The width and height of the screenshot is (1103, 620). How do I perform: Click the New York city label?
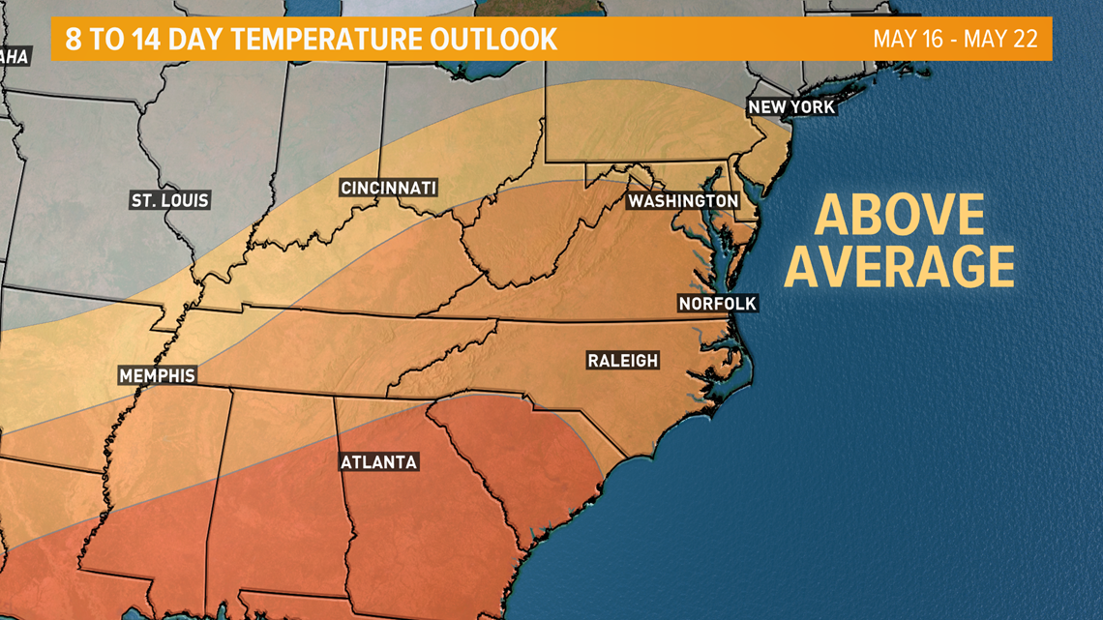(791, 106)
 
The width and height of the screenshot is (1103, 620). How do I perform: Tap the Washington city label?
(683, 200)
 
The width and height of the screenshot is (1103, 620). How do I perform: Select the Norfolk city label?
(717, 304)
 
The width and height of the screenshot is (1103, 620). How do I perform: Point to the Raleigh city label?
(623, 361)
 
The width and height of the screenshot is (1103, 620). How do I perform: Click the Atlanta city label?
(378, 462)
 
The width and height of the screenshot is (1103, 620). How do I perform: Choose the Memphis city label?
(157, 375)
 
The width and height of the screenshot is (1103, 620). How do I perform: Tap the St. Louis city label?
(170, 200)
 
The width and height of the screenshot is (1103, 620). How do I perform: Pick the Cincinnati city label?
(389, 188)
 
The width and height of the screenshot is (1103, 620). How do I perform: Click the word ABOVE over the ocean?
(899, 216)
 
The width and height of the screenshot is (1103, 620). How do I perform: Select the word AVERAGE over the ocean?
(899, 266)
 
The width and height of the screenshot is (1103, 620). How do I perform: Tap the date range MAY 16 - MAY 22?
(955, 40)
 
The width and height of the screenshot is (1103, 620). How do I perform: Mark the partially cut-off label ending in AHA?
(14, 57)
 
